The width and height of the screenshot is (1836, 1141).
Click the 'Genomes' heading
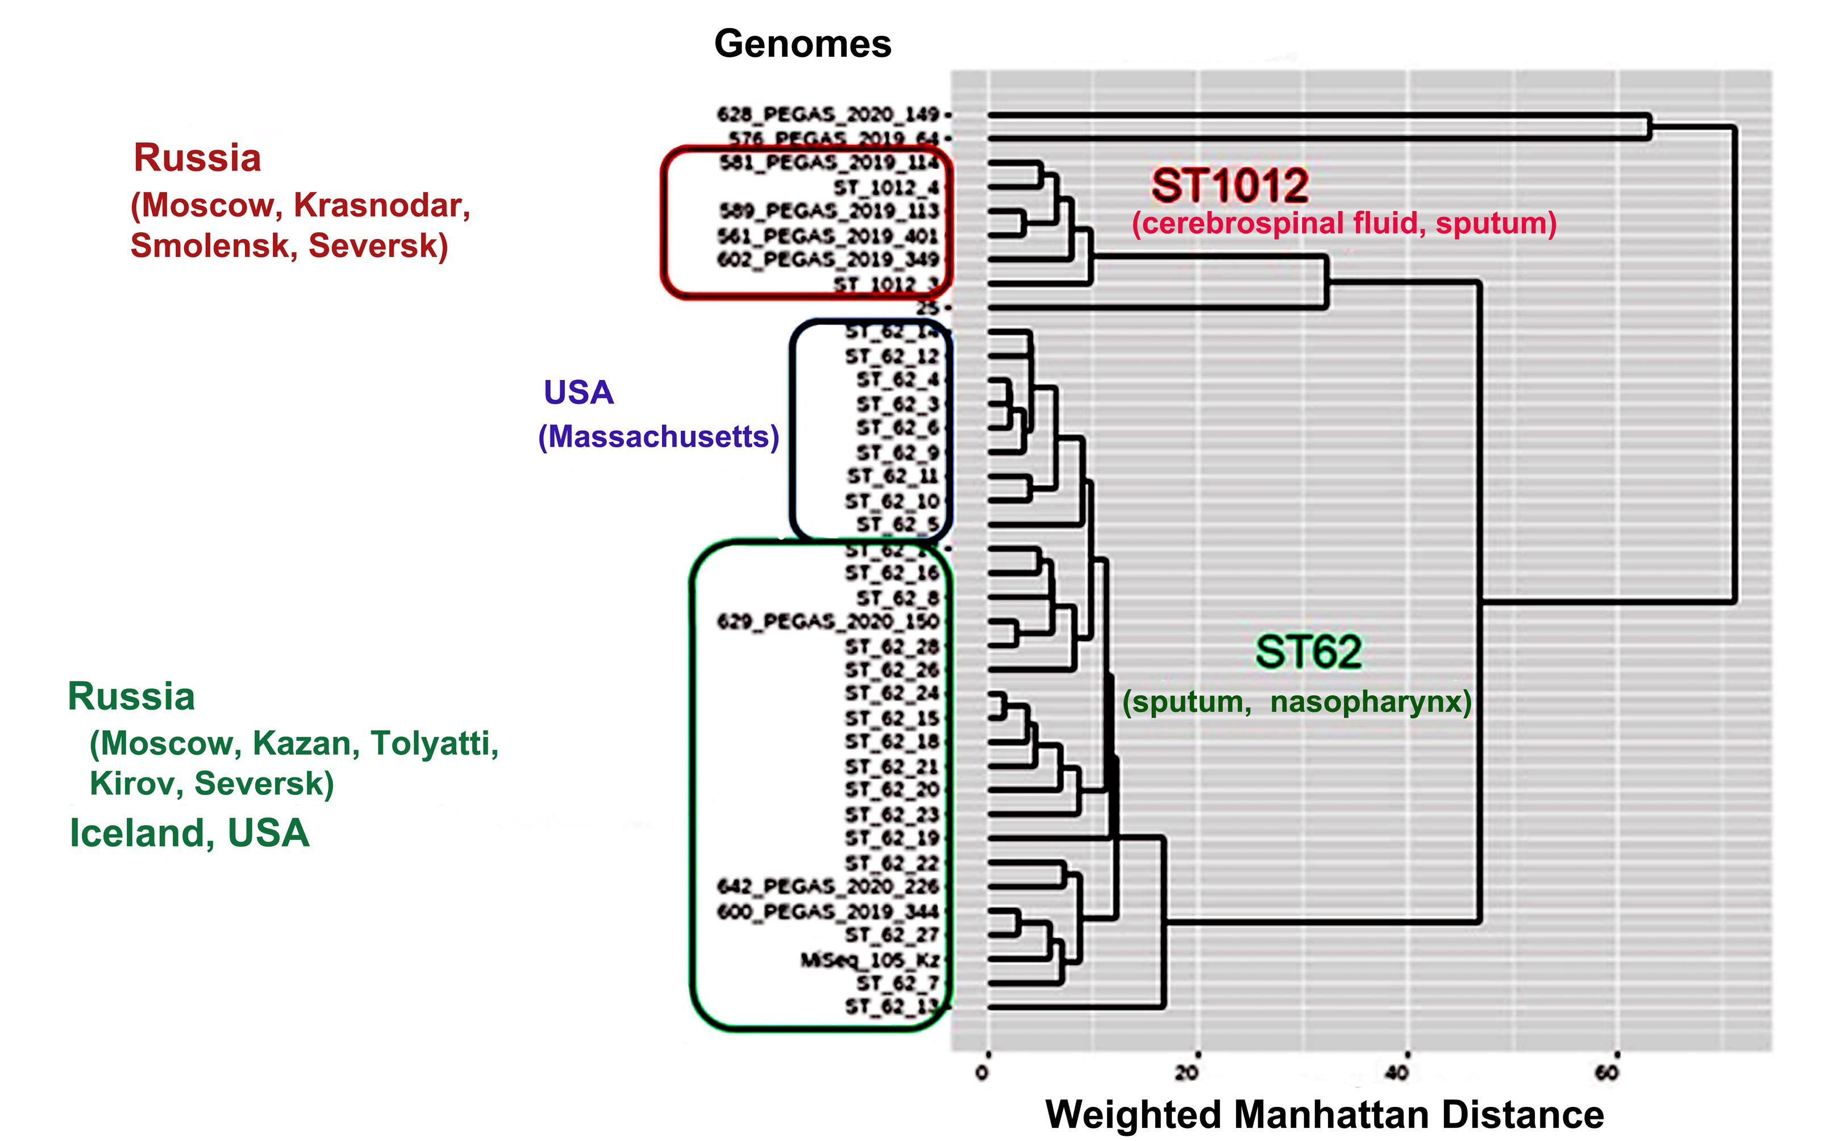click(x=802, y=44)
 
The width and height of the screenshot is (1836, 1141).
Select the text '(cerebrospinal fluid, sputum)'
click(x=1344, y=224)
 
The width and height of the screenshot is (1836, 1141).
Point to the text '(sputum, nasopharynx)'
click(x=1296, y=702)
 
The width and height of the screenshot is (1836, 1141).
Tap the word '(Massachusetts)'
click(x=658, y=437)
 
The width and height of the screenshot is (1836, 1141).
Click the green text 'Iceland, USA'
click(x=189, y=833)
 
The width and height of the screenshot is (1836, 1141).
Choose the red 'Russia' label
click(x=197, y=159)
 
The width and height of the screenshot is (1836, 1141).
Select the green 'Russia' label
click(x=131, y=696)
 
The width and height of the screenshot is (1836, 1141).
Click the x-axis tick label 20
click(x=1186, y=1072)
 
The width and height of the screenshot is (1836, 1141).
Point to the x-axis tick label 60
click(x=1606, y=1072)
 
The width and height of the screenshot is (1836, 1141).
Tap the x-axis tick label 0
click(x=982, y=1072)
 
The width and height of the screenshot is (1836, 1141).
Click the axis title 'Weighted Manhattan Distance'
click(x=1325, y=1115)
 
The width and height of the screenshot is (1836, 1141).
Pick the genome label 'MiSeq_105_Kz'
click(x=869, y=960)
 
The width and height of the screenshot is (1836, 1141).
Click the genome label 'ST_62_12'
click(x=891, y=356)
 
